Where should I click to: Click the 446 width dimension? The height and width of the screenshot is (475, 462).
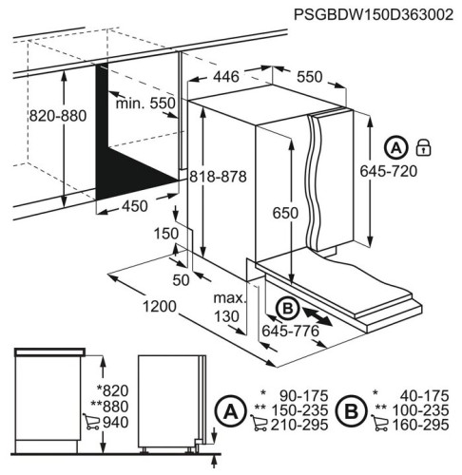[x=225, y=75]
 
